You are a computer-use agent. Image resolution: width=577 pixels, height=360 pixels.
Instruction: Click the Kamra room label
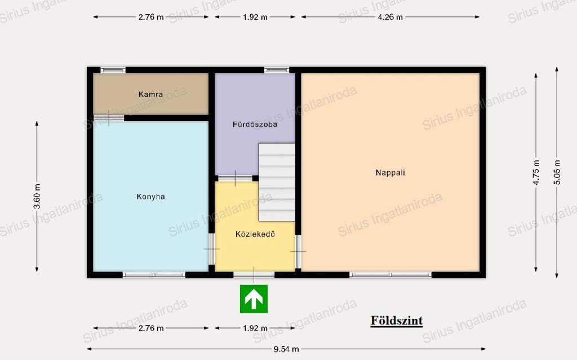coord(150,94)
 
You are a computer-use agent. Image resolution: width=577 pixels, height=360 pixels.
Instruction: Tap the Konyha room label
coord(150,197)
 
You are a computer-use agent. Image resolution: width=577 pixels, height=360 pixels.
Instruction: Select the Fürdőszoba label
coord(255,125)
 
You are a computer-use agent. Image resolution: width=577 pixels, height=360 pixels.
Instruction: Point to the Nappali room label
coord(390,172)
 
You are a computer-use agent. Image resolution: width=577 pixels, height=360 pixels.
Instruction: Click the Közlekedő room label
coord(255,234)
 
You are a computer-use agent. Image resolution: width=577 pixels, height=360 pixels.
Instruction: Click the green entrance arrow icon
coord(254,299)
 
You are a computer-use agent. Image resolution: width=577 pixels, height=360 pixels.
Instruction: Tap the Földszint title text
coord(396,321)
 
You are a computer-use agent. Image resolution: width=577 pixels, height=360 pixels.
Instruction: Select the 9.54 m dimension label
coord(286,349)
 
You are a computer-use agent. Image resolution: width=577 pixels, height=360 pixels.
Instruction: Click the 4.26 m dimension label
coord(390,17)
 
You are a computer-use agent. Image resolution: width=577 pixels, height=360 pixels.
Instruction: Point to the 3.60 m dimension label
coord(37,196)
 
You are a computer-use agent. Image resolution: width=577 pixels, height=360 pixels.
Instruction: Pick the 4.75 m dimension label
coord(536,172)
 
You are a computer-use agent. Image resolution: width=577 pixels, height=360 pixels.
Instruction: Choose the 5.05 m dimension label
coord(557,172)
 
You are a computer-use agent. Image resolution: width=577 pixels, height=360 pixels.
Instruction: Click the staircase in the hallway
coord(277,182)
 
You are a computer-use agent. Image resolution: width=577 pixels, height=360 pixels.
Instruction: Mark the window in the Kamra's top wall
coord(113,70)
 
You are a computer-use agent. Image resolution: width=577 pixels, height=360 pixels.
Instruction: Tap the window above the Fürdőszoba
coord(277,70)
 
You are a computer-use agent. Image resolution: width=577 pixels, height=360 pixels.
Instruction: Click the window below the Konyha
coord(154,274)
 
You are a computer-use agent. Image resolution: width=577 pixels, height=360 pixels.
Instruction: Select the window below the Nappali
coord(390,274)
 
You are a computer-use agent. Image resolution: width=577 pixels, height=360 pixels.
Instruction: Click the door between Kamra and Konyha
coord(109,118)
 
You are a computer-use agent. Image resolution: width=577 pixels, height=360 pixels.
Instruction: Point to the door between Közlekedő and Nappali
coord(298,251)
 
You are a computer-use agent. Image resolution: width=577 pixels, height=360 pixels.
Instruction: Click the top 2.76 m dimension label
coord(151,17)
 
